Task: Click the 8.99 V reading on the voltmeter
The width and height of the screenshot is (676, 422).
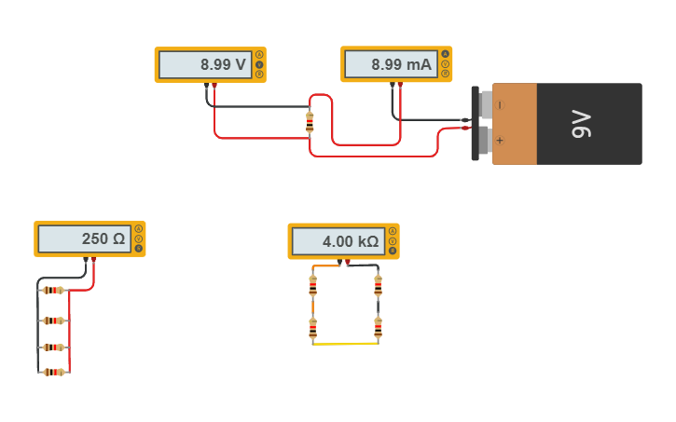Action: [x=223, y=65]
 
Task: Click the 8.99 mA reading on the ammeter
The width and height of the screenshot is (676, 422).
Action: [x=401, y=65]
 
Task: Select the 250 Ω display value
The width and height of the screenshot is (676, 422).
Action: [x=103, y=239]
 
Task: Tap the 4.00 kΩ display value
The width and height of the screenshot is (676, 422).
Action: [x=351, y=242]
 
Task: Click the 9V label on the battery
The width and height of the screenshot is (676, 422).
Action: [x=581, y=124]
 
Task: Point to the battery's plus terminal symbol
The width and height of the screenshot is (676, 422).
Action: [x=500, y=141]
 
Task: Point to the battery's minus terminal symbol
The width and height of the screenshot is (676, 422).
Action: [x=500, y=105]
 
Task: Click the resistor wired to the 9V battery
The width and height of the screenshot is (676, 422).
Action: [x=310, y=122]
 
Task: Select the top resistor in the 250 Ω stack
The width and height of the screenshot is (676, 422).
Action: [x=54, y=290]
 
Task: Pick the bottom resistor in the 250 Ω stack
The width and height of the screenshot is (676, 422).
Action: [x=54, y=372]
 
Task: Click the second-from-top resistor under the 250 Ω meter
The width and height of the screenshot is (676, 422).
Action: [x=54, y=320]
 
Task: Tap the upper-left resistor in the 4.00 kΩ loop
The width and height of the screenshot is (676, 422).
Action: [x=312, y=286]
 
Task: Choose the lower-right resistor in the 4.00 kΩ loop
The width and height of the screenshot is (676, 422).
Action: [x=378, y=328]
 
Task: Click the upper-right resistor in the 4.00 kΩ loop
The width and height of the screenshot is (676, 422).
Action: [x=378, y=286]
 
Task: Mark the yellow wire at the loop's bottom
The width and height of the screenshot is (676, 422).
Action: [x=345, y=344]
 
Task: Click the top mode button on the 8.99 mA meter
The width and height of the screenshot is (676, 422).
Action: [x=445, y=54]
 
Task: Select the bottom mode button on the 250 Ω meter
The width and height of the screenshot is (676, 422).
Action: [x=139, y=249]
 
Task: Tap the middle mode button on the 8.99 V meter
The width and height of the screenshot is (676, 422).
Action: [x=258, y=64]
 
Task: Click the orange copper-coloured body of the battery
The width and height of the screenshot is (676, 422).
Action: [x=515, y=124]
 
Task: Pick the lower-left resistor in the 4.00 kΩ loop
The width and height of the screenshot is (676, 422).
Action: [x=312, y=328]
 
